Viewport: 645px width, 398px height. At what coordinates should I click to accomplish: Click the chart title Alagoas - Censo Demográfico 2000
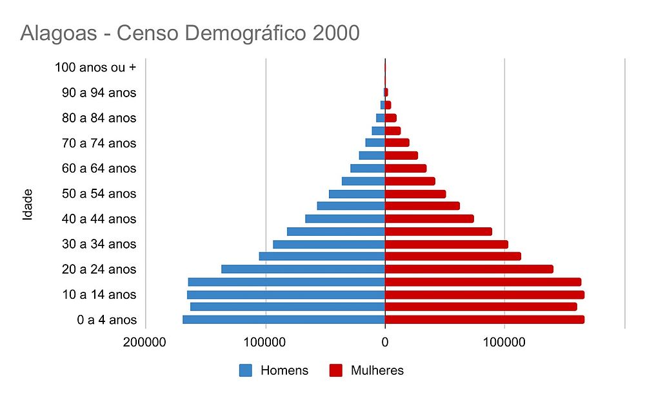point(190,33)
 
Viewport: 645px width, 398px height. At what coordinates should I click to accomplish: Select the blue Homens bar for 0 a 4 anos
point(284,319)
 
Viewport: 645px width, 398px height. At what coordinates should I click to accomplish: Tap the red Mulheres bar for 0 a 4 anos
point(484,319)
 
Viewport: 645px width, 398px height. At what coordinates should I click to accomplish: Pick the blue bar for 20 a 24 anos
point(303,269)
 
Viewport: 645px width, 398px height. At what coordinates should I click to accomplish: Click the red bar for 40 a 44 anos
point(430,219)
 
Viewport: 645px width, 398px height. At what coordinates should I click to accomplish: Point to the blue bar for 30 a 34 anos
point(329,244)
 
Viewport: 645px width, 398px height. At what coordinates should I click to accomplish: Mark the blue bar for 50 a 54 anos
point(357,194)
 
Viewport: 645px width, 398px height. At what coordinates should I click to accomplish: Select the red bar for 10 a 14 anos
point(484,294)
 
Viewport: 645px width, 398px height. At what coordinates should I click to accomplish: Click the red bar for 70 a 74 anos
point(397,143)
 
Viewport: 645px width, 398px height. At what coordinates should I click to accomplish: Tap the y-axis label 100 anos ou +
point(95,67)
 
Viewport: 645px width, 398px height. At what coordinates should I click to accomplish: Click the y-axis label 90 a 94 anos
point(99,93)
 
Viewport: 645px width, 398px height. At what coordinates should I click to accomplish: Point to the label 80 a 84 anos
point(99,118)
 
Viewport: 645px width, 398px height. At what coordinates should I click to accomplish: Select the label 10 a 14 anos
point(99,294)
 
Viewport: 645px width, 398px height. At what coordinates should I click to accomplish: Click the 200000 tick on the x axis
point(145,343)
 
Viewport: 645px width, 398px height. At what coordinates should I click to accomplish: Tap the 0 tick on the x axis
point(385,343)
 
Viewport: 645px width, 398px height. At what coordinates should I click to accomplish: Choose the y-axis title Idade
point(28,205)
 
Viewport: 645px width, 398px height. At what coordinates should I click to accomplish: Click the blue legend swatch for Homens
point(246,370)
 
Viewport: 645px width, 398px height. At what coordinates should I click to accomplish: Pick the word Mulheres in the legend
point(377,370)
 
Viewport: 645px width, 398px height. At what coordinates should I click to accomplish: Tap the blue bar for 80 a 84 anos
point(381,118)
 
